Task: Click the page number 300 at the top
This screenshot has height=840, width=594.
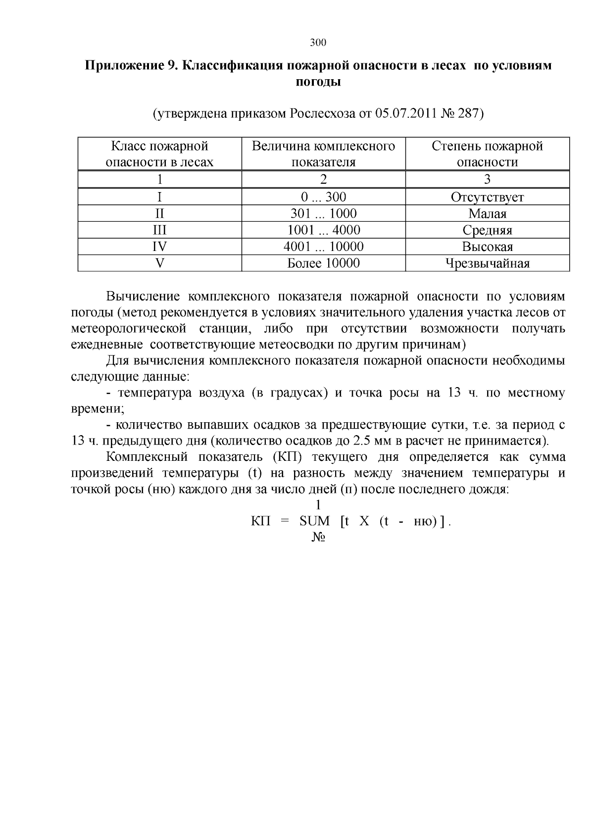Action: point(318,43)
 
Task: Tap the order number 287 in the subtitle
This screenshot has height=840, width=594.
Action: point(467,114)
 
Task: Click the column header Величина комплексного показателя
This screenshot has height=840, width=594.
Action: point(323,154)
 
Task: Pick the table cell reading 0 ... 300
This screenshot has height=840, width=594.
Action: point(323,197)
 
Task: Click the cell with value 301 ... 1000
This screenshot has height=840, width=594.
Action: point(323,213)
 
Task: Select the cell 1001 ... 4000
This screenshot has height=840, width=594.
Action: point(323,230)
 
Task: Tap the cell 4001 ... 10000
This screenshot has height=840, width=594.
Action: point(323,247)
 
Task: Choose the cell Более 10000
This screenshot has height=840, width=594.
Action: point(323,263)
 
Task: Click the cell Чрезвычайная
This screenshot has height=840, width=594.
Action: point(487,263)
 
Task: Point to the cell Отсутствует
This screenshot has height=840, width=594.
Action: point(487,197)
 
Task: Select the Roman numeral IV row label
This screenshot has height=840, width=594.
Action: point(159,247)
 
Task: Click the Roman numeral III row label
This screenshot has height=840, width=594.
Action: point(159,230)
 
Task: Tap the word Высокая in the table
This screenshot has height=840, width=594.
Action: point(487,247)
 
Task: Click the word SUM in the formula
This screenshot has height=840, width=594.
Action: point(314,521)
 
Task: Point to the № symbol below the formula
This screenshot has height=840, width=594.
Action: point(318,537)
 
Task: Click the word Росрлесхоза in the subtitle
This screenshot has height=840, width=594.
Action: point(322,114)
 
